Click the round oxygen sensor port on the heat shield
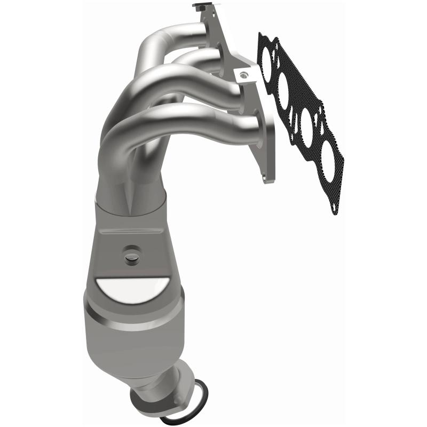point(131,257)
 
